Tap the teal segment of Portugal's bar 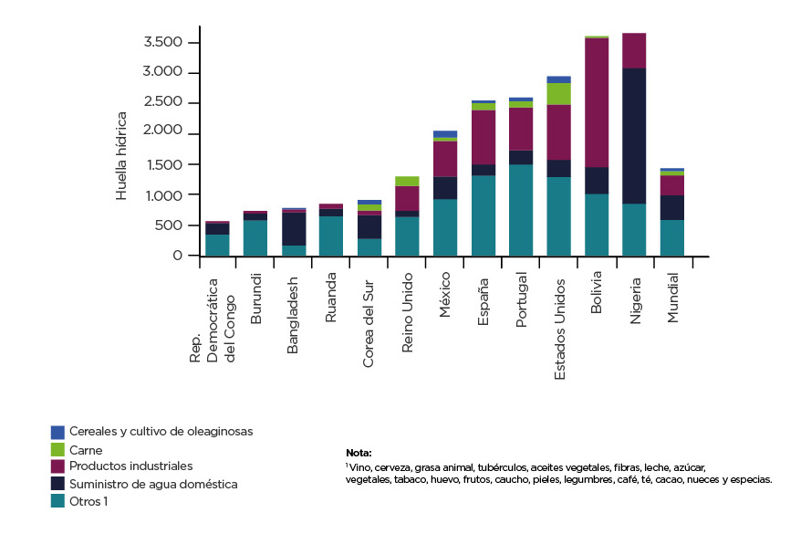pyautogui.click(x=521, y=210)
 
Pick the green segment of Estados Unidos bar pyautogui.click(x=558, y=93)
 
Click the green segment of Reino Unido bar pyautogui.click(x=407, y=181)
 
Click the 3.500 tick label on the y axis pyautogui.click(x=164, y=43)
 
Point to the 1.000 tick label pyautogui.click(x=164, y=195)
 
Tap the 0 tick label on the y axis pyautogui.click(x=178, y=257)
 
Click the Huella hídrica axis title pyautogui.click(x=121, y=155)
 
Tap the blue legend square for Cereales pyautogui.click(x=57, y=431)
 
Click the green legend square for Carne pyautogui.click(x=57, y=449)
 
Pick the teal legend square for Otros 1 pyautogui.click(x=57, y=500)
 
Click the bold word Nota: pyautogui.click(x=359, y=453)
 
